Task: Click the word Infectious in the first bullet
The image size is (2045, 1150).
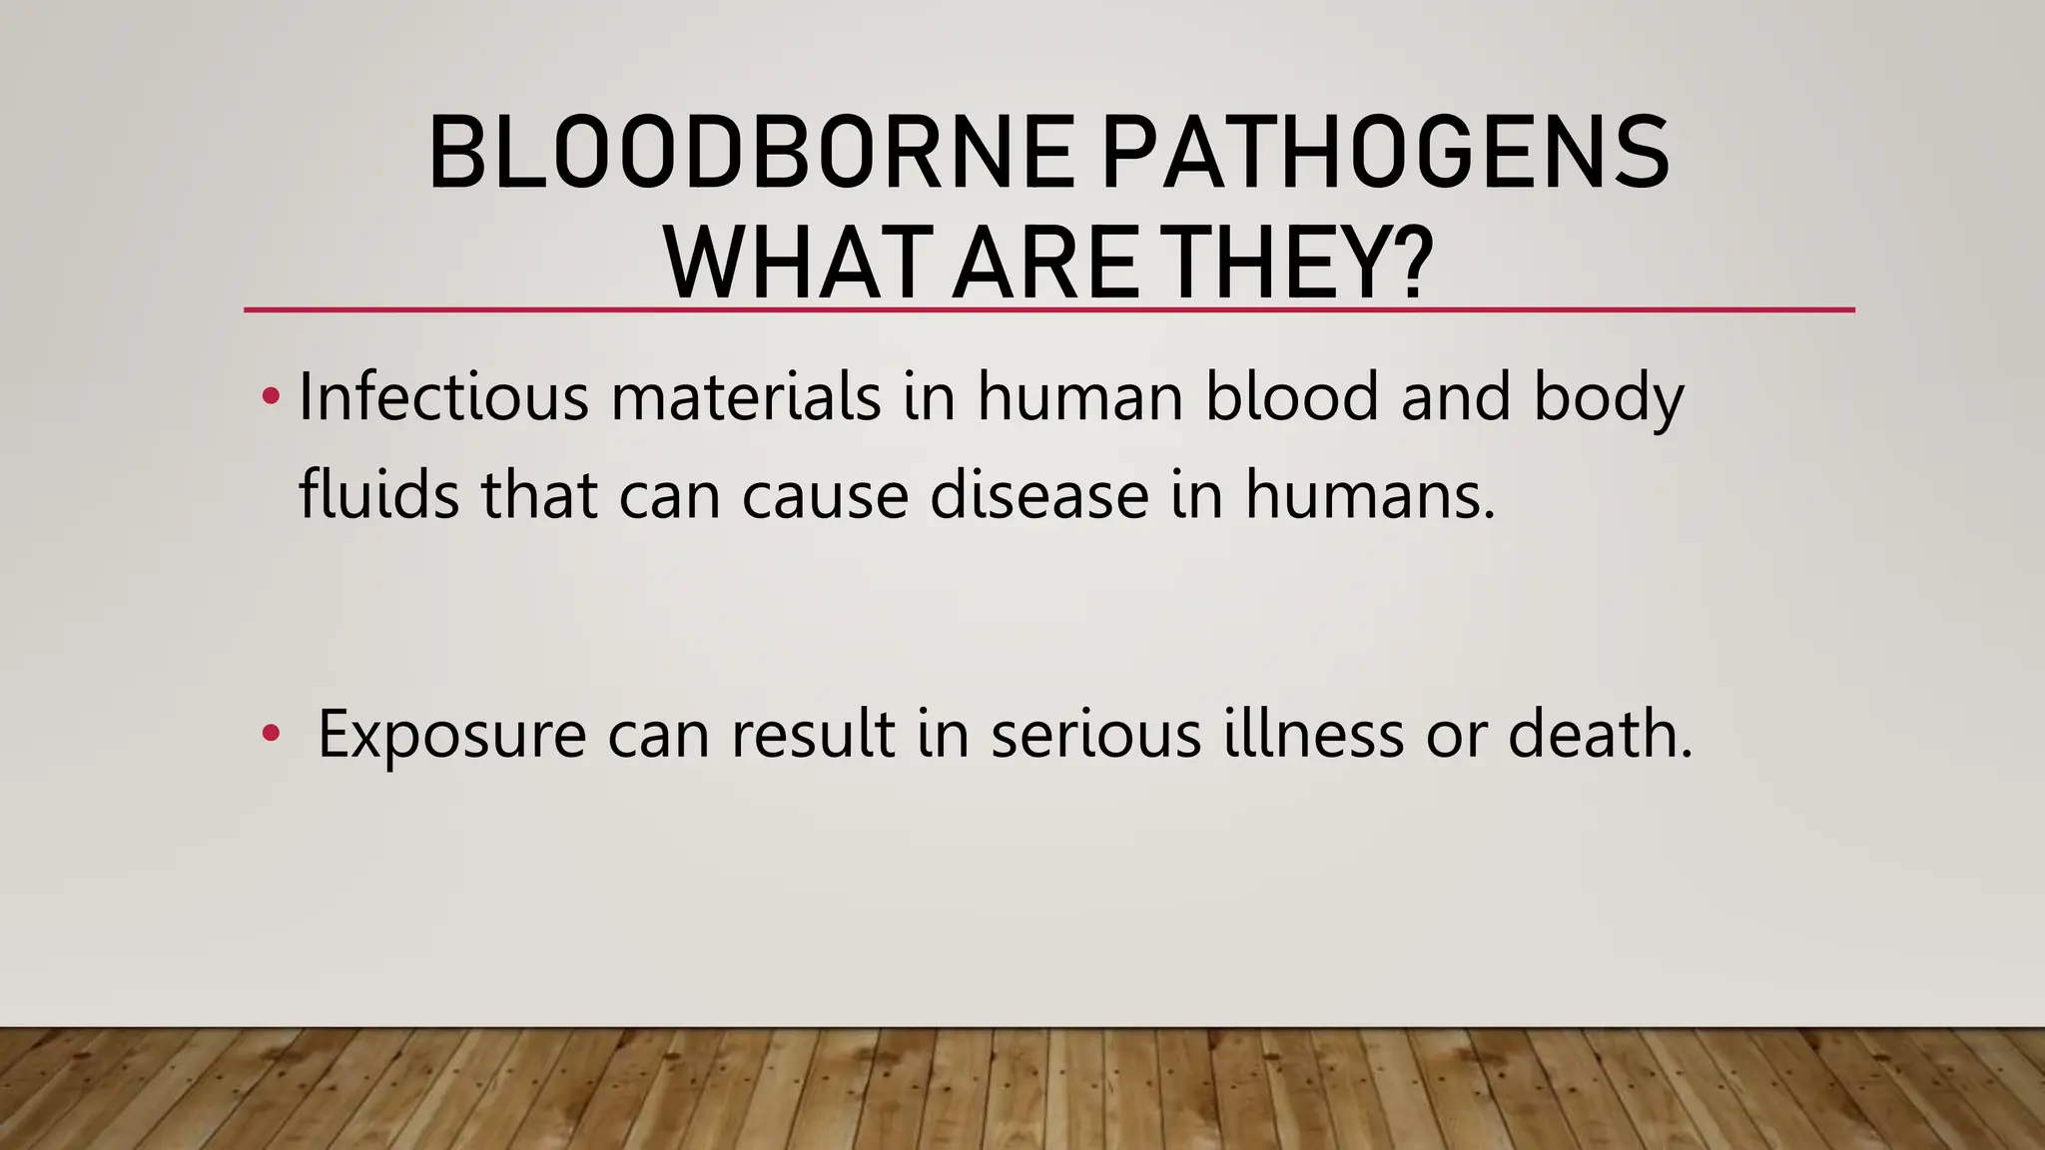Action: [443, 396]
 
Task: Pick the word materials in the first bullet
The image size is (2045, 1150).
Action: [746, 396]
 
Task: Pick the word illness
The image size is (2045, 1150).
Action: [1314, 734]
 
